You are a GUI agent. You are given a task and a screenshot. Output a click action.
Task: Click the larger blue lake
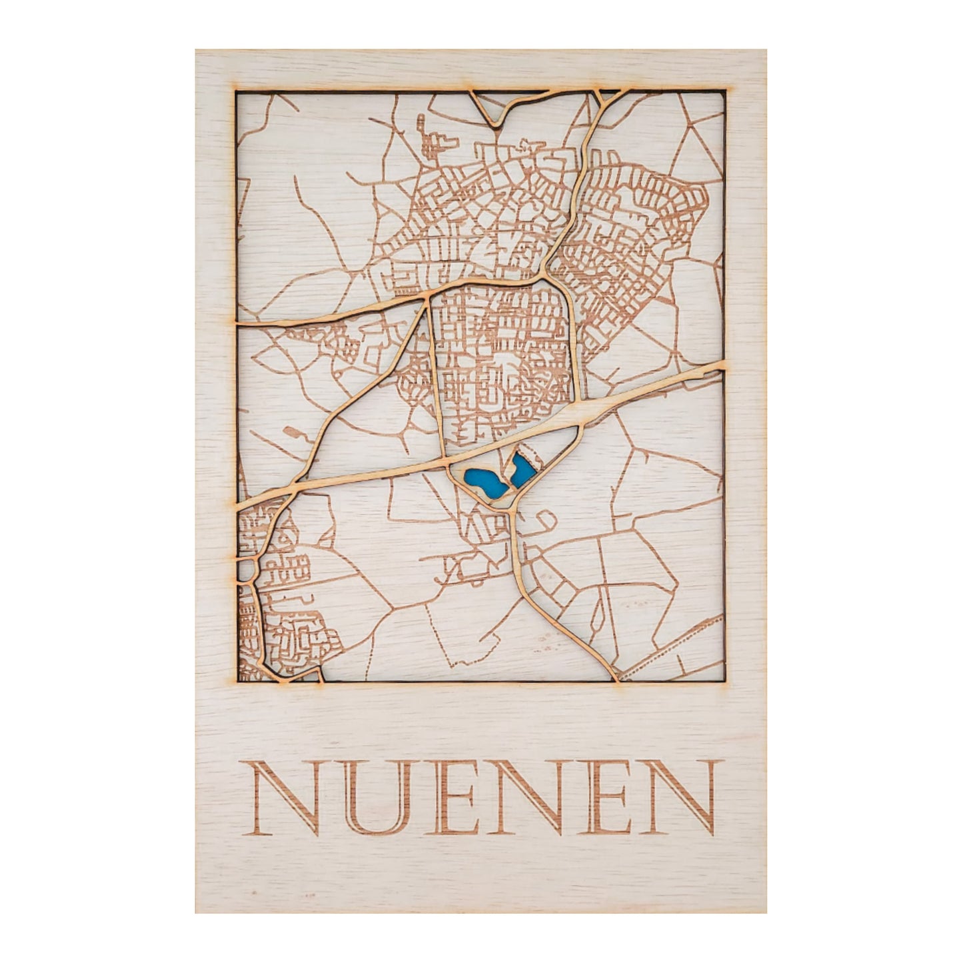click(x=485, y=482)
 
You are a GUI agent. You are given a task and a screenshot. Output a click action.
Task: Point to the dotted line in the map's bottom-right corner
click(x=673, y=644)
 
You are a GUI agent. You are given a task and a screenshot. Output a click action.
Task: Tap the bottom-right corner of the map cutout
click(x=724, y=680)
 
